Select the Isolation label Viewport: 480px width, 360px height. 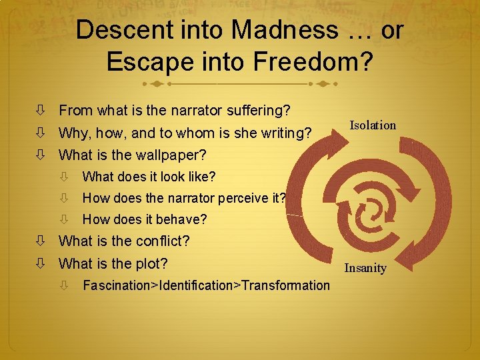pyautogui.click(x=373, y=125)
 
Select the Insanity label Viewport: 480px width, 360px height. pyautogui.click(x=365, y=268)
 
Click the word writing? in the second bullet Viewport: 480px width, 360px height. pyautogui.click(x=284, y=133)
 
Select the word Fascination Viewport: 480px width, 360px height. pyautogui.click(x=117, y=285)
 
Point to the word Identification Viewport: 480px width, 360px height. pyautogui.click(x=199, y=285)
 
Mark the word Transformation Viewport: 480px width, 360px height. pyautogui.click(x=286, y=285)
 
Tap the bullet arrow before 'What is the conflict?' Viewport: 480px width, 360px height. pyautogui.click(x=41, y=241)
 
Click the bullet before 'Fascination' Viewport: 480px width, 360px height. pyautogui.click(x=64, y=286)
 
